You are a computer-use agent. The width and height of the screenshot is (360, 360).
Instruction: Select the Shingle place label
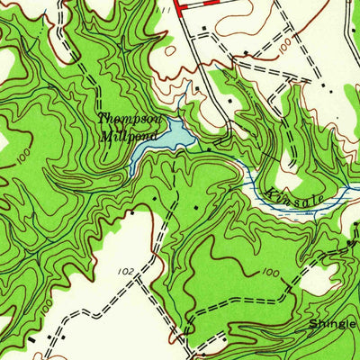(333, 323)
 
